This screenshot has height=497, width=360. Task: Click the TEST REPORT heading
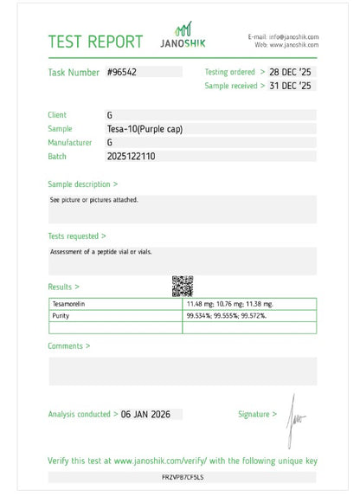95,42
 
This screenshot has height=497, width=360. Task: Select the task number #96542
122,73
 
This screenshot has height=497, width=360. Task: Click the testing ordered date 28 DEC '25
291,72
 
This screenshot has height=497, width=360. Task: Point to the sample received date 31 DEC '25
291,86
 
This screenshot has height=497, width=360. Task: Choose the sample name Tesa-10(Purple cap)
145,128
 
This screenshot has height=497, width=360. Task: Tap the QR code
182,285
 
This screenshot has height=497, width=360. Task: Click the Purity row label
61,315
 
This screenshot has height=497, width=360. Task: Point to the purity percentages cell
226,315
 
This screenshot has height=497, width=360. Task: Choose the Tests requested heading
77,236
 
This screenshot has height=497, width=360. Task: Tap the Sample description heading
83,184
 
